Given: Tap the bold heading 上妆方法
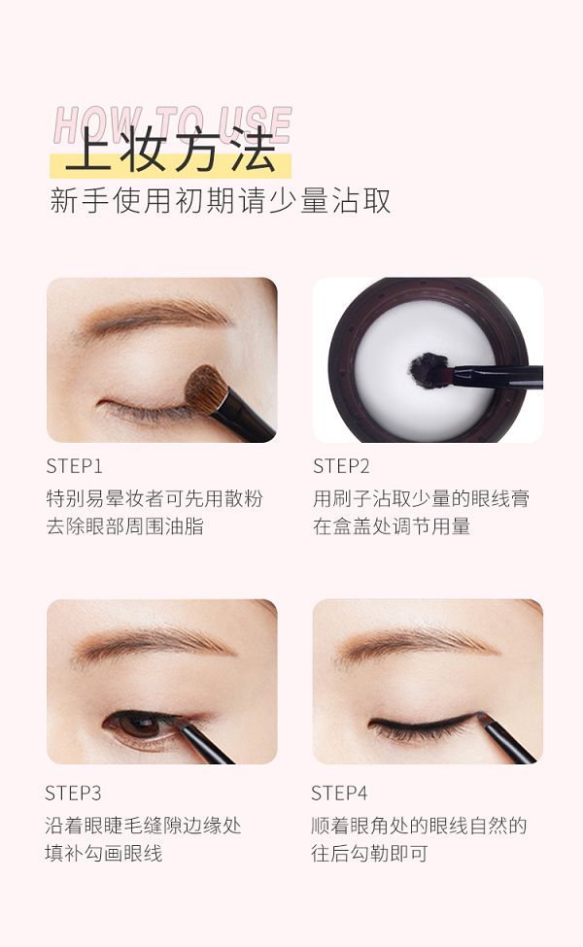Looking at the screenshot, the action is (x=171, y=151).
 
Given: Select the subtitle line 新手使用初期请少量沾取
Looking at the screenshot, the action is (x=221, y=201).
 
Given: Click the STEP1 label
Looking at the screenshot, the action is (x=74, y=466).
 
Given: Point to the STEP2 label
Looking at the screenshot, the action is (x=341, y=466).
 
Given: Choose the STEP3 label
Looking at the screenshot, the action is (x=73, y=793).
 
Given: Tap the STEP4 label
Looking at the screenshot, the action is (x=339, y=793).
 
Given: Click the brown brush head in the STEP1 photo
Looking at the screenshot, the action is (x=205, y=389).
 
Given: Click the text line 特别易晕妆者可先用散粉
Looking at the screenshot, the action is (x=154, y=498).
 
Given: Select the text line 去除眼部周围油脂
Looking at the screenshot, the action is (x=124, y=526).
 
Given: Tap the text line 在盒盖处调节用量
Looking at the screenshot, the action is (x=392, y=526).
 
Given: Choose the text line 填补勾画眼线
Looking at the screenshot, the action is (x=103, y=853).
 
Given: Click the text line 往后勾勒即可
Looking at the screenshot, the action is (x=370, y=853).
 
